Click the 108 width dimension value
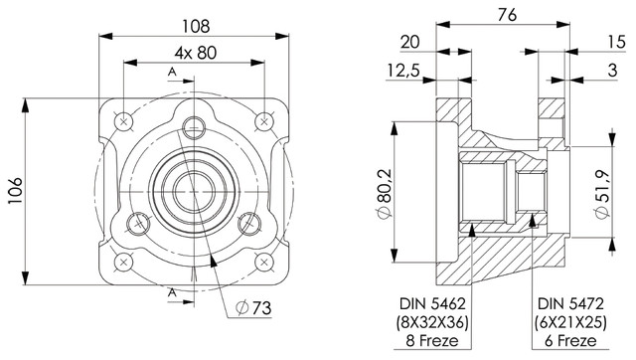tap(196, 27)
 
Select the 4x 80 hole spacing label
tap(196, 53)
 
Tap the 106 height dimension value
tap(15, 191)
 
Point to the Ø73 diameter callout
tap(254, 308)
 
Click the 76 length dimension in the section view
tap(507, 15)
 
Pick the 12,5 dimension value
tap(403, 71)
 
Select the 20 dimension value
tap(410, 42)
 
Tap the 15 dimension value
tap(617, 42)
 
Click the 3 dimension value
tap(612, 71)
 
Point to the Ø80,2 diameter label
tap(385, 194)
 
